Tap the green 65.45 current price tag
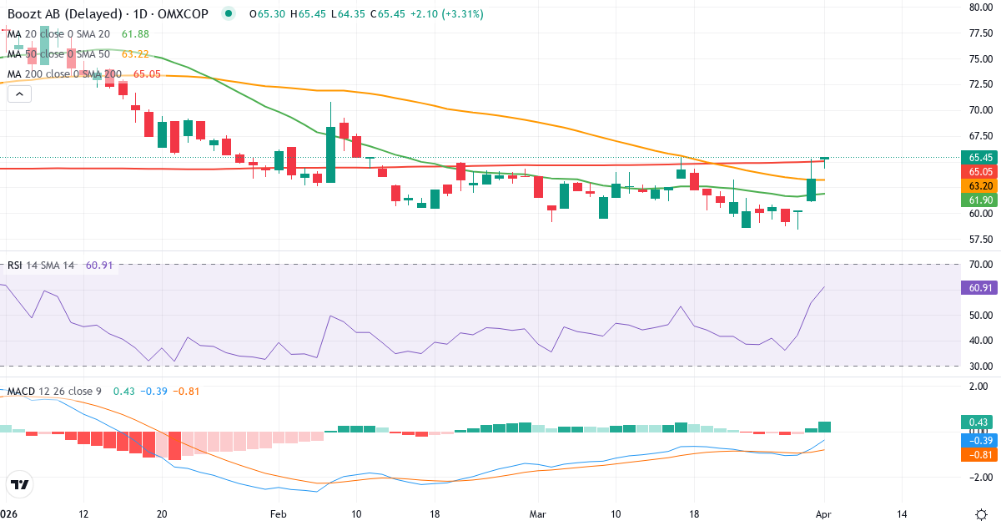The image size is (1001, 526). pos(975,157)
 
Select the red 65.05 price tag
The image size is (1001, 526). pos(975,171)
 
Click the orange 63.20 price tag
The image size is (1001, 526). pos(975,185)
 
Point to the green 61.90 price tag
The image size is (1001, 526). pos(975,200)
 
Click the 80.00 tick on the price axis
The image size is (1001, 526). pos(979,8)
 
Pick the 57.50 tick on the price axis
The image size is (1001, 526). pos(979,239)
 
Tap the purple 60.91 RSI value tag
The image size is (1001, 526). pos(975,287)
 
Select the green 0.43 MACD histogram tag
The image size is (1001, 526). pos(975,422)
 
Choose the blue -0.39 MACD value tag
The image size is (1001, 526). pos(975,440)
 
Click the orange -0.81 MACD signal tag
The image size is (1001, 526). pos(975,455)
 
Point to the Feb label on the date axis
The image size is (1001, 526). pos(278,513)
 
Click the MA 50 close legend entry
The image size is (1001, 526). pos(58,53)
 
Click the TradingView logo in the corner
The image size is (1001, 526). pos(20,484)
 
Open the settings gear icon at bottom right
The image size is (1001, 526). pos(982,513)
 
